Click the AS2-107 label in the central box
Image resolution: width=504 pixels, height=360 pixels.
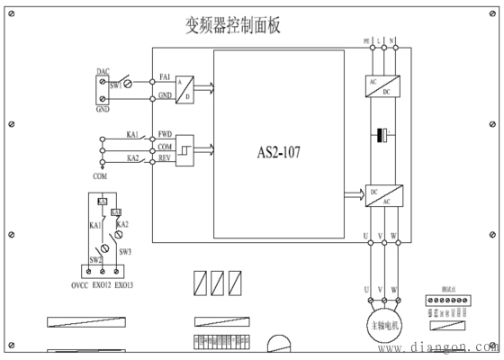[x=279, y=153]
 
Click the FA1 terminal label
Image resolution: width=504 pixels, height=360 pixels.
[x=166, y=77]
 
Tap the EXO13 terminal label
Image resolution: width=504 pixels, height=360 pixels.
[x=124, y=285]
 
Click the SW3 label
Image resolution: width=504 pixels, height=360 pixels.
[x=125, y=252]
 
